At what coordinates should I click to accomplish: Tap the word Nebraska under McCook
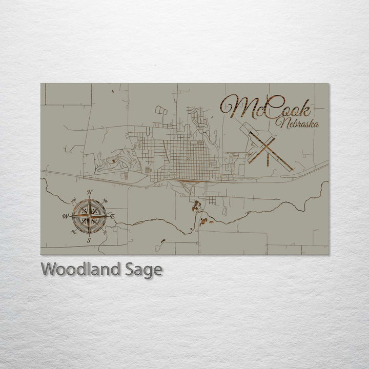(297, 124)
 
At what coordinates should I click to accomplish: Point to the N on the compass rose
(90, 193)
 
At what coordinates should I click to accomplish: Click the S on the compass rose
(89, 239)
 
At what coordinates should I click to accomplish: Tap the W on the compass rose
(66, 216)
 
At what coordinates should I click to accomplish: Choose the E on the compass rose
(112, 216)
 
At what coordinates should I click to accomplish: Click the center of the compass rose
(89, 216)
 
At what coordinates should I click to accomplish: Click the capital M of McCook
(237, 107)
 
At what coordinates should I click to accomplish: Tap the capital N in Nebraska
(280, 123)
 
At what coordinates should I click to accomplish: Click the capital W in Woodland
(49, 269)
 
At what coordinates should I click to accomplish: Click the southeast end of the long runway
(292, 170)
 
